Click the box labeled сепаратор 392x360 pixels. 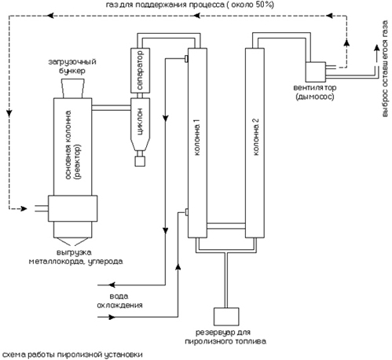click(x=140, y=70)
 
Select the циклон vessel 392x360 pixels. click(x=140, y=125)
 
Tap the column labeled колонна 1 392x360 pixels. click(x=197, y=143)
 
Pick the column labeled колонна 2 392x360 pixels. click(x=255, y=143)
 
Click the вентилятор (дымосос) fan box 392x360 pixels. click(x=316, y=72)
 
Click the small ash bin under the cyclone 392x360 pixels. click(x=140, y=161)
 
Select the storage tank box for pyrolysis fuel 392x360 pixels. click(x=226, y=317)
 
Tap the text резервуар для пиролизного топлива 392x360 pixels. click(x=225, y=337)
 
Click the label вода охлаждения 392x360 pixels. click(x=119, y=301)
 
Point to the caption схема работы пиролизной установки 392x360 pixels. click(x=72, y=354)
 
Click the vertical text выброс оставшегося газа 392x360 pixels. click(x=385, y=68)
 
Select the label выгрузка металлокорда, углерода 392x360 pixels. click(x=75, y=257)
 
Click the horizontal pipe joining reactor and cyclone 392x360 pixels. click(x=111, y=108)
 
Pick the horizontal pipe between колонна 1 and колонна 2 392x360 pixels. click(x=226, y=226)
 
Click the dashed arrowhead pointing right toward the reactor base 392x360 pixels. click(x=24, y=209)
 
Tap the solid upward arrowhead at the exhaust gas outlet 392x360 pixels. click(x=376, y=48)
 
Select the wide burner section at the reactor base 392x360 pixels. click(x=72, y=208)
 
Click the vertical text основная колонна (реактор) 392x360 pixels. click(x=73, y=145)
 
